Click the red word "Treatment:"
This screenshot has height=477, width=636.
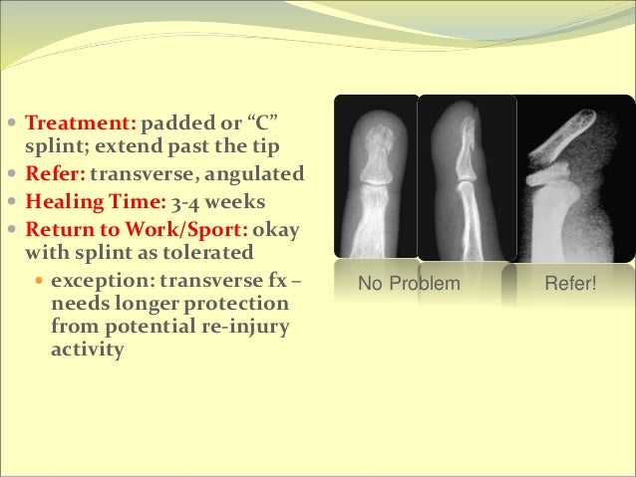80,126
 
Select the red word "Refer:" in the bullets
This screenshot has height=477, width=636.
56,176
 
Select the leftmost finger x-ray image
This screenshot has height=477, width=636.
374,179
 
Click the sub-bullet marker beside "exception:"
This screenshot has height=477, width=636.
39,280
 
